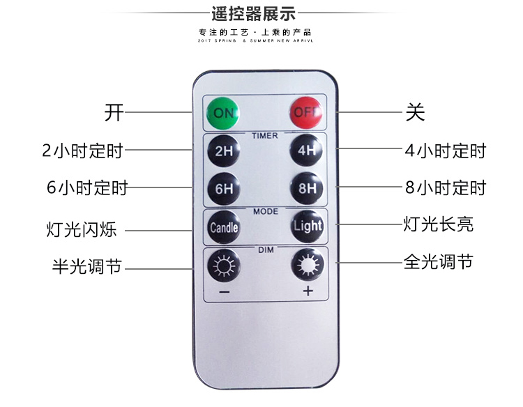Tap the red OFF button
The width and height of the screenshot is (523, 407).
(305, 112)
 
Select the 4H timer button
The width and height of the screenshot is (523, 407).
(306, 150)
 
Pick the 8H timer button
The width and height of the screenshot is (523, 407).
(306, 187)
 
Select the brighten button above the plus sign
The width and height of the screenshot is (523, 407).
(306, 265)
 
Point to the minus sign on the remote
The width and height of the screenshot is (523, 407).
(223, 292)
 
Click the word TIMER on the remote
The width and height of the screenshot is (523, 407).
(265, 135)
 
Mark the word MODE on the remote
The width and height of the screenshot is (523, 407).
(265, 210)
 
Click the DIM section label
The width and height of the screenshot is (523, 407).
(265, 249)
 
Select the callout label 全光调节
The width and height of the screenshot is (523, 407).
(438, 262)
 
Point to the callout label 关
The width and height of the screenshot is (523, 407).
(415, 112)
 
